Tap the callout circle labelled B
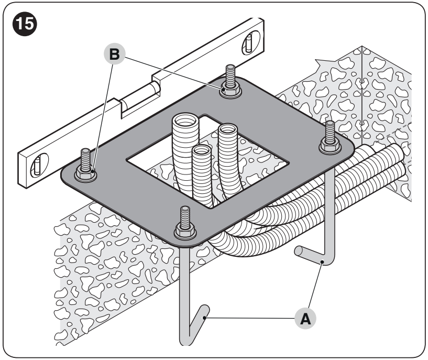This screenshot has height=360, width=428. pos(114,54)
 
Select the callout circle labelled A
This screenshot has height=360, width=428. pos(305,318)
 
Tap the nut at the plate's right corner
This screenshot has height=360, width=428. pos(330,146)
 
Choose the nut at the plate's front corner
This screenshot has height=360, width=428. pos(185,232)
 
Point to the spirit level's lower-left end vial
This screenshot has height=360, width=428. pos(39,165)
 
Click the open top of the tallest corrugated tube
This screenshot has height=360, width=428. pos(185,120)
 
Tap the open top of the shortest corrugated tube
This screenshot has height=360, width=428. pos(202,149)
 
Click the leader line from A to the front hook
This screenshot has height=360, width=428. pos(250,318)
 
